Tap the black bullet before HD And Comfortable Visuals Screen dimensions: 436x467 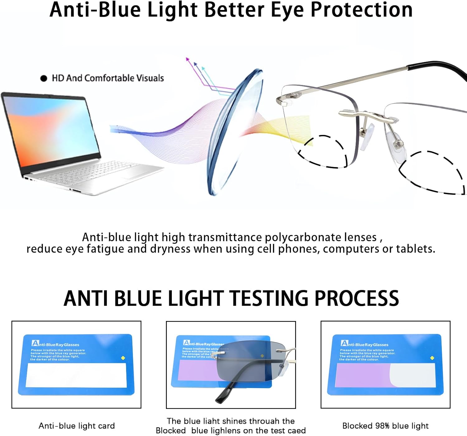coord(44,79)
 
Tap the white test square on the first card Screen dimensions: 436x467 coord(76,375)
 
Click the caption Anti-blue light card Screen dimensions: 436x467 coord(77,426)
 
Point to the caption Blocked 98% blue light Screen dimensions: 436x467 coord(385,426)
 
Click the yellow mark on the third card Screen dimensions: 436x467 coord(432,358)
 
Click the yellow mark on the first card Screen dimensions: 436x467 coord(123,358)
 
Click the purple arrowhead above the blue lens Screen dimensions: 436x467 coord(187,59)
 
